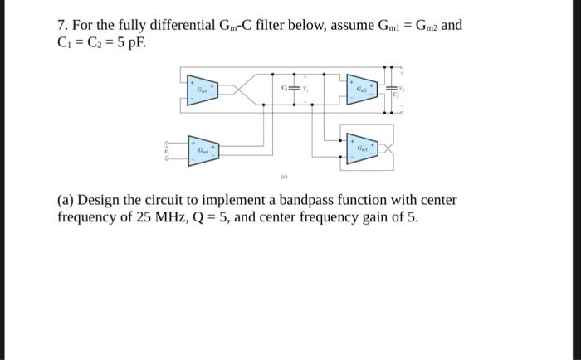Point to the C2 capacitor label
[397, 97]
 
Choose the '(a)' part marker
[67, 201]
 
